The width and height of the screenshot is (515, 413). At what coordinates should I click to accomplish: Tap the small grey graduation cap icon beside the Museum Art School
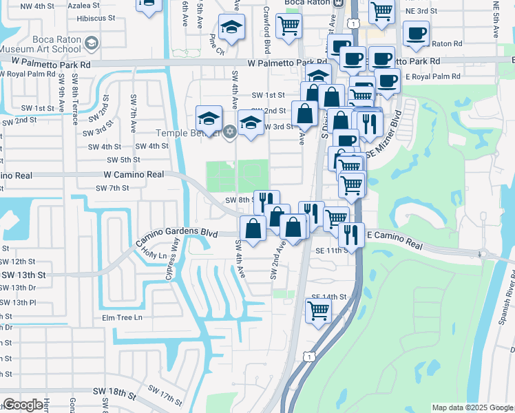click(90, 45)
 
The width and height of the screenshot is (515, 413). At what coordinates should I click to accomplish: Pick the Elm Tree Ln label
click(122, 317)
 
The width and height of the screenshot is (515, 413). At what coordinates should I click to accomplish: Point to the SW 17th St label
click(168, 396)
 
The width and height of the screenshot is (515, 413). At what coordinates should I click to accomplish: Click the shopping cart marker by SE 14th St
click(318, 309)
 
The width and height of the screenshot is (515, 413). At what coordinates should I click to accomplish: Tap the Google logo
click(23, 405)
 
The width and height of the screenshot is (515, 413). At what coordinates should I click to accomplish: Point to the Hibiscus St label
click(94, 21)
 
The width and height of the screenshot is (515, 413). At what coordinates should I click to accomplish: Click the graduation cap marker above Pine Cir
click(232, 27)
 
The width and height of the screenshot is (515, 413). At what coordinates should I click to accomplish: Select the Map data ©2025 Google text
click(472, 407)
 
